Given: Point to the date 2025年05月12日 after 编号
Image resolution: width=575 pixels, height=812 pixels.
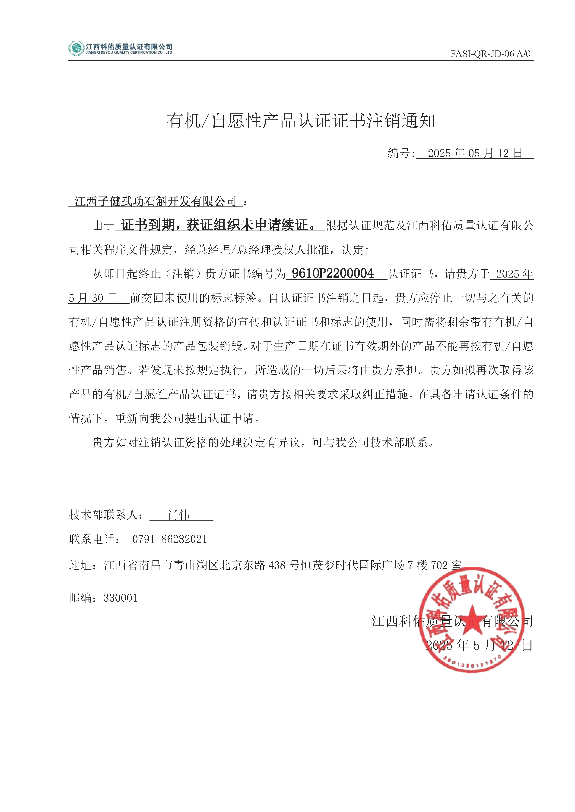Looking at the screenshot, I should pos(474,153).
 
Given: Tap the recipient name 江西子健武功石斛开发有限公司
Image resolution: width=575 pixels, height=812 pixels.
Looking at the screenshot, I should pos(156,202).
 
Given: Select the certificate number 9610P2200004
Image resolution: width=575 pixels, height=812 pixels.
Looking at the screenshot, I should pos(333,273).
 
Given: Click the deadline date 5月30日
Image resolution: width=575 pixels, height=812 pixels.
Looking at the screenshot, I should pos(93,298).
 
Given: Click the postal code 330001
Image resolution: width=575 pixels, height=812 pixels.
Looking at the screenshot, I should pos(120,598).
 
